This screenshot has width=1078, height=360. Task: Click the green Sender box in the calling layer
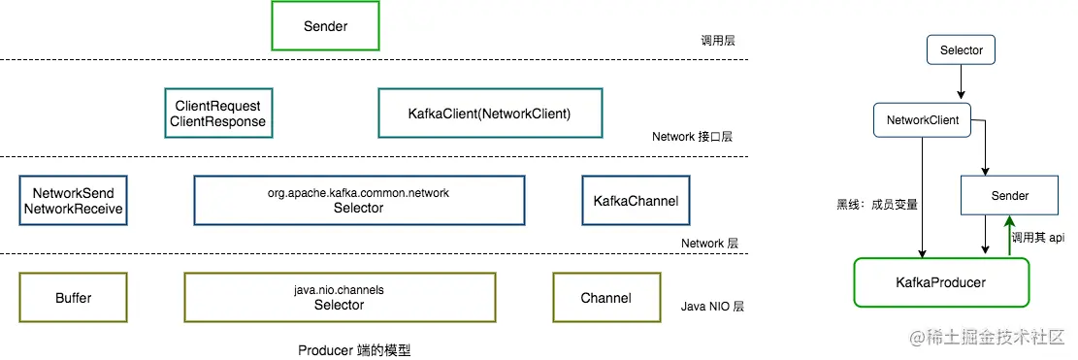[x=325, y=26]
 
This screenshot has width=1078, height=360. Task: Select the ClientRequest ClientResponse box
[x=218, y=114]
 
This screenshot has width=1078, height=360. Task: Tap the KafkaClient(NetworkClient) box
[x=490, y=114]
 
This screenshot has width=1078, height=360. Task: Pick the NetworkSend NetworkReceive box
[x=74, y=201]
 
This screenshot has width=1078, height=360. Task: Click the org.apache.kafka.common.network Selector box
[x=358, y=201]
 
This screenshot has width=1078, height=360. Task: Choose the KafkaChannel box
[x=636, y=201]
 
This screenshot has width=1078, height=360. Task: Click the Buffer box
[x=74, y=297]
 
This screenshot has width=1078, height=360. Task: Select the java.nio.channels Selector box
[x=339, y=297]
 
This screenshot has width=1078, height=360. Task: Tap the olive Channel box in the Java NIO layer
[x=605, y=297]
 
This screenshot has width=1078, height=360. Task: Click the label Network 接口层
[x=692, y=137]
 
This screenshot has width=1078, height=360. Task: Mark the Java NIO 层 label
[x=712, y=307]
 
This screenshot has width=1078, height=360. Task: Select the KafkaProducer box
[x=940, y=282]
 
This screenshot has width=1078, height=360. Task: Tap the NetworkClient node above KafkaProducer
[x=923, y=120]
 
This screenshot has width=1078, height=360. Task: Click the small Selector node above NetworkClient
[x=961, y=49]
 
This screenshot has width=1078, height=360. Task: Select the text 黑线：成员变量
[x=877, y=204]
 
